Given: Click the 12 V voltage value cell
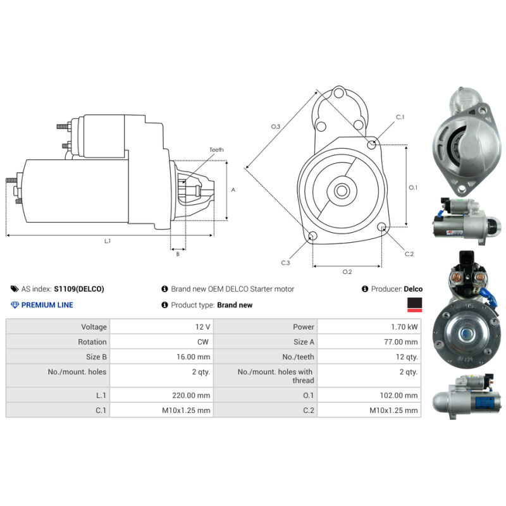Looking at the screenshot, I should [203, 327].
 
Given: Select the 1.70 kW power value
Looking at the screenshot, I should [404, 327].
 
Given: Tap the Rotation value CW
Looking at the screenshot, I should [204, 342].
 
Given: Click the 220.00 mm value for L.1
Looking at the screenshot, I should [194, 395].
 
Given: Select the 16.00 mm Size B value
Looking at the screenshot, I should [194, 357].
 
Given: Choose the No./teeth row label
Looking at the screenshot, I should [298, 357].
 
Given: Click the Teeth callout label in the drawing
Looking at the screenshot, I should [216, 150].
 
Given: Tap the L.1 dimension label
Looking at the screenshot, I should [108, 241].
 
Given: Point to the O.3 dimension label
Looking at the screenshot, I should [275, 127].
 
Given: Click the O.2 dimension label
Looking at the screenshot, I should [347, 272].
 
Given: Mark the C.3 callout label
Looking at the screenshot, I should [285, 262].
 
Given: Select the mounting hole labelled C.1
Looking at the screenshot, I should [373, 144].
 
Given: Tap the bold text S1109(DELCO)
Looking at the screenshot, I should [78, 289].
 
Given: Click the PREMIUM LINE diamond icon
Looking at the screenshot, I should [16, 305].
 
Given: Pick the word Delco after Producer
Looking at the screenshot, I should [413, 289].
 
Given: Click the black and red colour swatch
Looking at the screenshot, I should [414, 305].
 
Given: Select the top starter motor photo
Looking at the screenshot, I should [467, 139].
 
